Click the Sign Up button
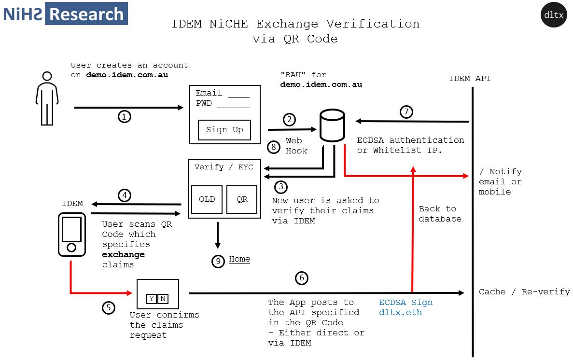(224, 130)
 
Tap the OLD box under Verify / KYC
(207, 199)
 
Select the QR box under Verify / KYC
(242, 199)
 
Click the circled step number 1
(124, 116)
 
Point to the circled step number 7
(406, 112)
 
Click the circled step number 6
(302, 278)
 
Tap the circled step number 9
(218, 261)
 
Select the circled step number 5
(109, 307)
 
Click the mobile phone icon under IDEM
(71, 235)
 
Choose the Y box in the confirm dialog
(152, 299)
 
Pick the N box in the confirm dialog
(163, 299)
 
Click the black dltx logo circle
(553, 14)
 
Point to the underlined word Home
(239, 259)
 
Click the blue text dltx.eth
(400, 312)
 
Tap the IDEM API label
(470, 78)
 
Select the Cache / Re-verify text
(524, 292)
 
